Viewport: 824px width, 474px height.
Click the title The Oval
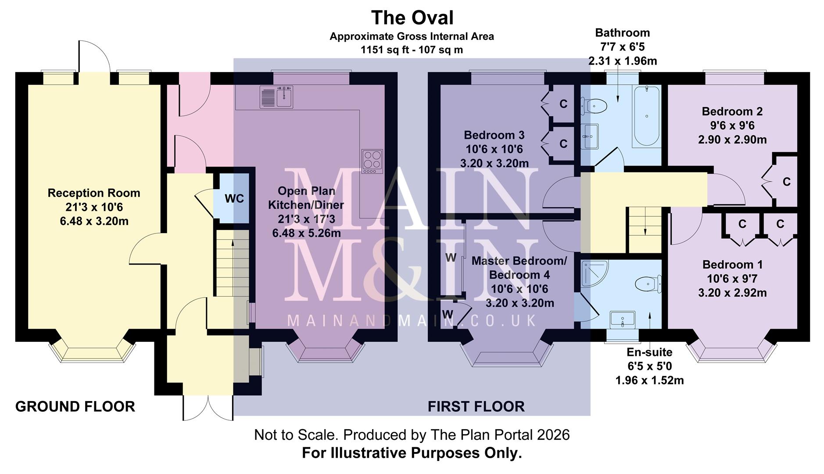[x=412, y=18]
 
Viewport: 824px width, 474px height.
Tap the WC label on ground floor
[x=234, y=199]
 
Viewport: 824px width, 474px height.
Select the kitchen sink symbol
[x=276, y=97]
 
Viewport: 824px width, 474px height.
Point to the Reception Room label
[x=94, y=193]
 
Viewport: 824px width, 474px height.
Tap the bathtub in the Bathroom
[x=646, y=116]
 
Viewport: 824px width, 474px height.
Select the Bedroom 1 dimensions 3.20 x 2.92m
[x=732, y=293]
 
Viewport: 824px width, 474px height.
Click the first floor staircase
[x=645, y=230]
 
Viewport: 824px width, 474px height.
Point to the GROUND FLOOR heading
[x=75, y=407]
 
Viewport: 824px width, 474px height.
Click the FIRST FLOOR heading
[x=476, y=407]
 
